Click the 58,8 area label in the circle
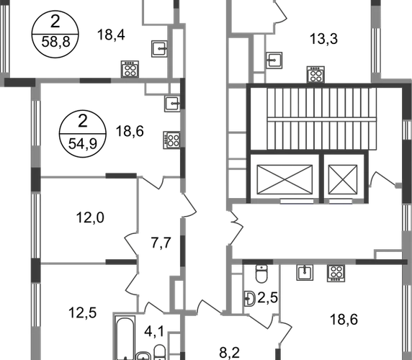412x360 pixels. (x=55, y=42)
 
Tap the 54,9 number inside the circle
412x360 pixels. (x=83, y=143)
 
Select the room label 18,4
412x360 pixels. (x=111, y=35)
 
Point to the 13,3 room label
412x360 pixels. (x=323, y=39)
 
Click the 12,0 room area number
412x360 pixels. (x=90, y=217)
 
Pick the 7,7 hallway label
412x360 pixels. (x=161, y=243)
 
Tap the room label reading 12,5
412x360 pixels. (x=83, y=312)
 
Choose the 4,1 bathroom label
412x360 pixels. (x=154, y=331)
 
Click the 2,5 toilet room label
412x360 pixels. (x=268, y=298)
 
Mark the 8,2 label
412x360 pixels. (x=229, y=353)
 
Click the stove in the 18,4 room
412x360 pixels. (x=130, y=69)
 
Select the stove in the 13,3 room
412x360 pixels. (x=315, y=74)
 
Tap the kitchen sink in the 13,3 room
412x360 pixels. (x=274, y=60)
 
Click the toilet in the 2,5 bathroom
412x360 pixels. (x=261, y=274)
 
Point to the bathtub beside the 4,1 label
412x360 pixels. (x=125, y=338)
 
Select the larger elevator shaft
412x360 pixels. (x=285, y=179)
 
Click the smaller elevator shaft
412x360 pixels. (x=343, y=179)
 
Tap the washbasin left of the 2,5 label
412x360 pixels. (x=250, y=299)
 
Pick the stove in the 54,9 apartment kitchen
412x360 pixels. (x=171, y=140)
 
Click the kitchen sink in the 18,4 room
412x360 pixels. (x=159, y=48)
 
